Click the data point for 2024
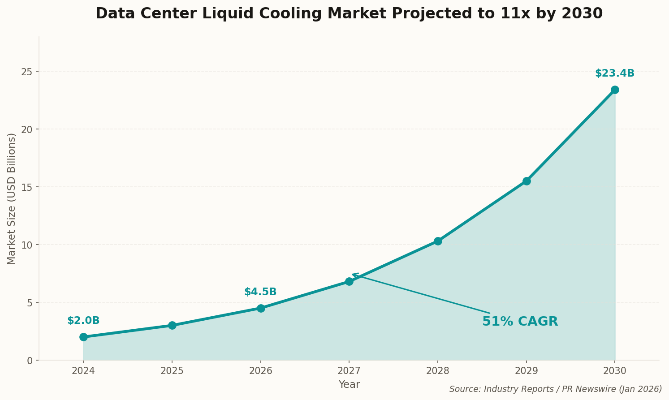pyautogui.click(x=83, y=337)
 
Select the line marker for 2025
pyautogui.click(x=172, y=325)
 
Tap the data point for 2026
pyautogui.click(x=261, y=308)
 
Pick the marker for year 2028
pyautogui.click(x=438, y=241)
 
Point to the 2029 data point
pyautogui.click(x=527, y=181)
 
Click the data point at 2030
pyautogui.click(x=615, y=90)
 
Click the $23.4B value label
pyautogui.click(x=614, y=73)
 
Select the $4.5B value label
pyautogui.click(x=260, y=292)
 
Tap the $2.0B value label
pyautogui.click(x=83, y=321)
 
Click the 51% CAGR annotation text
pyautogui.click(x=520, y=322)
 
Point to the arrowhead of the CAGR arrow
pyautogui.click(x=353, y=274)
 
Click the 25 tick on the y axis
pyautogui.click(x=28, y=72)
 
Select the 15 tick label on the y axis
pyautogui.click(x=28, y=187)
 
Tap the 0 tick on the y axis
pyautogui.click(x=30, y=361)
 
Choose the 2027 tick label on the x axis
pyautogui.click(x=349, y=371)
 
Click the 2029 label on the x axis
pyautogui.click(x=526, y=371)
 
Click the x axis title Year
pyautogui.click(x=349, y=385)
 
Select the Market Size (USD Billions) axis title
pyautogui.click(x=12, y=198)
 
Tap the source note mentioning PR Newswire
pyautogui.click(x=555, y=389)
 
